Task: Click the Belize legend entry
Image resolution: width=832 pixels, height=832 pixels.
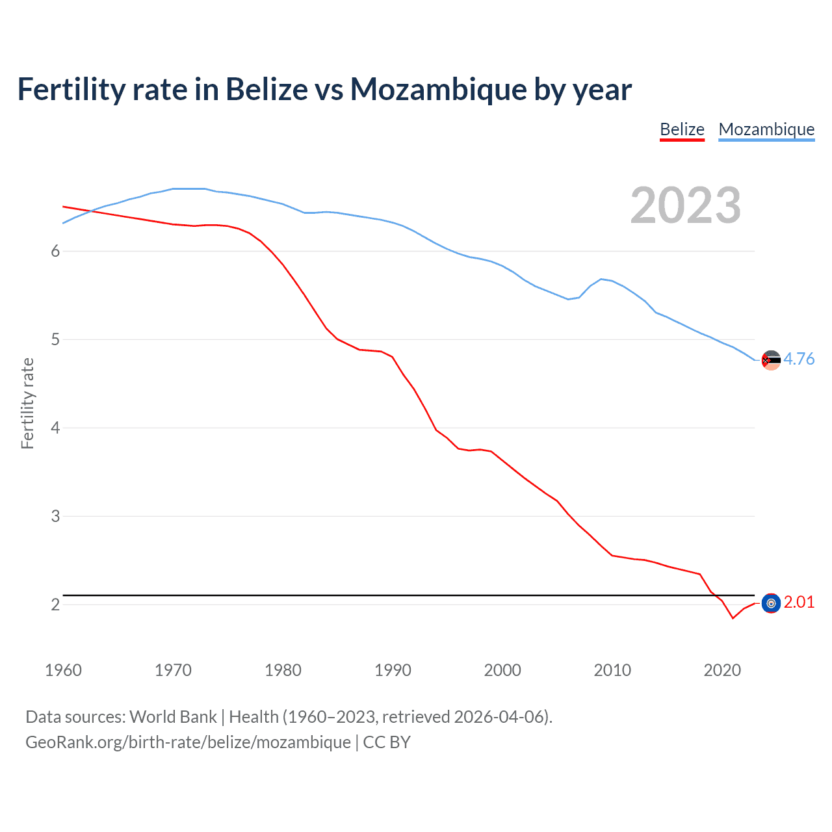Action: coord(682,129)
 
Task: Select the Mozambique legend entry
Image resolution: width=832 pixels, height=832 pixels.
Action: coord(766,129)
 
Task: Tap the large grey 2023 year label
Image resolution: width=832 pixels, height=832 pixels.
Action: coord(685,205)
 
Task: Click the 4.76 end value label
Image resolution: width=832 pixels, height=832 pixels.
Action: coord(799,359)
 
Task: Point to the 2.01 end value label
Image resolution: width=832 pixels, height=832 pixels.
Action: coord(799,602)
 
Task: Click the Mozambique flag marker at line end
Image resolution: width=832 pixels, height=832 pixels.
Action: coord(771,359)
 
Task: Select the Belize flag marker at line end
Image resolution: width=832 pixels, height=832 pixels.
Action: coord(771,603)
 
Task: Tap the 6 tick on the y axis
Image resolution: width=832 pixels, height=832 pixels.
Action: coord(55,251)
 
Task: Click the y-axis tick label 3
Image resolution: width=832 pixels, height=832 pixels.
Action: coord(55,516)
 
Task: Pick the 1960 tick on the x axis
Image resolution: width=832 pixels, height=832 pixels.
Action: coord(63,670)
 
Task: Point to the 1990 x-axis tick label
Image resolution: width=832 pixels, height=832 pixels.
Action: coord(393,670)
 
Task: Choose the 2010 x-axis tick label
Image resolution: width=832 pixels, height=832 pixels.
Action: coord(612,670)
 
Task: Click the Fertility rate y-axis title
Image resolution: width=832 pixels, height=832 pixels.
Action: coord(27,403)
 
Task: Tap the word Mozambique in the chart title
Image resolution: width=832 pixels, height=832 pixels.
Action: coord(439,89)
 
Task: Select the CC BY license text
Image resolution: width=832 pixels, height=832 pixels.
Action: coord(387,742)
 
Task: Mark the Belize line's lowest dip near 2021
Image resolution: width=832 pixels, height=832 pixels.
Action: coord(733,618)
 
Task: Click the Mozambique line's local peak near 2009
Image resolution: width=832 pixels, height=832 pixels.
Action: coord(601,279)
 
